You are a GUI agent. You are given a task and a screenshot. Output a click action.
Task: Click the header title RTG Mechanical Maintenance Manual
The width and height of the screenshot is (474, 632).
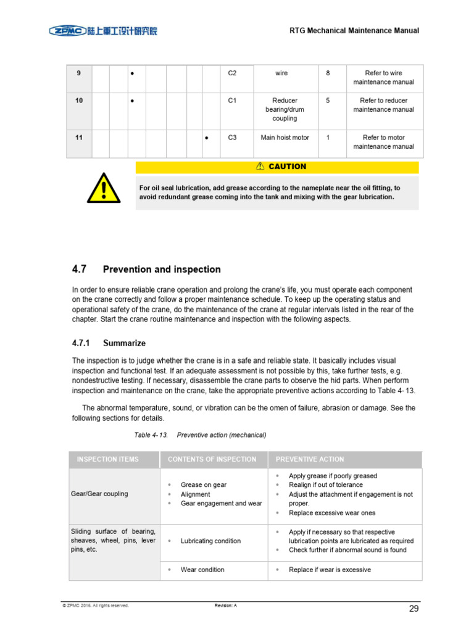click(x=354, y=30)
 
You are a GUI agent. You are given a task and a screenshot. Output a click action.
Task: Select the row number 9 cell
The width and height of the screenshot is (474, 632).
click(x=79, y=73)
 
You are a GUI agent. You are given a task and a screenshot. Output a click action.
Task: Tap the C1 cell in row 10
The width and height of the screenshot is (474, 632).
click(x=232, y=101)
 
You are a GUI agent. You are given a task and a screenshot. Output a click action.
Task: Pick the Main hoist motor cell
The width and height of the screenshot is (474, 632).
click(x=285, y=138)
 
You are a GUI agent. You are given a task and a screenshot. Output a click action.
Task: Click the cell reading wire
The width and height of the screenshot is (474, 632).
click(x=281, y=73)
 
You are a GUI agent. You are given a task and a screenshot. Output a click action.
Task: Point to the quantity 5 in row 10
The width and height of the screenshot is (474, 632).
click(x=328, y=101)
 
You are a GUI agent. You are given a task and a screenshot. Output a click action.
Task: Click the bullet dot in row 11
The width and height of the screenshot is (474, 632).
click(x=206, y=138)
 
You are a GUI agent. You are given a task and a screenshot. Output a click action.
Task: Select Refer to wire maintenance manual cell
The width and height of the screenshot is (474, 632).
click(x=383, y=77)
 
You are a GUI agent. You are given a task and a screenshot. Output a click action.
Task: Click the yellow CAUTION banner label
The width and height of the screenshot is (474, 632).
click(x=281, y=167)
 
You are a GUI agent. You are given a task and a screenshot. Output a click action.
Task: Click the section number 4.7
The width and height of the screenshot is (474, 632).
click(x=80, y=269)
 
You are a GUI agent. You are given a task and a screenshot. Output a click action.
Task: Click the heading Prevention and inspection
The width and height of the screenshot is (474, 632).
click(x=162, y=270)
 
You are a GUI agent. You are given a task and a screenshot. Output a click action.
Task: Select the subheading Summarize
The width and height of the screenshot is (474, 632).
click(x=124, y=343)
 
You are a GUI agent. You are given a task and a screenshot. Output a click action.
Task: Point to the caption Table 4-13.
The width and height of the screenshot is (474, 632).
click(x=151, y=435)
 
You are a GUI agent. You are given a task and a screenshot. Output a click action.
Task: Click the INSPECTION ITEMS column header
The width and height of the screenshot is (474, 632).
click(x=107, y=459)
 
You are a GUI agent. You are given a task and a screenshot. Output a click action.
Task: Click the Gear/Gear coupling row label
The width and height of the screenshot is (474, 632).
click(x=100, y=494)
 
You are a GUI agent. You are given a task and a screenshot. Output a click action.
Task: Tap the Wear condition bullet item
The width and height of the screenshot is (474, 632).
click(x=202, y=570)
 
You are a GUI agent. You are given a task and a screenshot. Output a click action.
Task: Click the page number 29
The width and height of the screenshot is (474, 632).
click(x=414, y=609)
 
